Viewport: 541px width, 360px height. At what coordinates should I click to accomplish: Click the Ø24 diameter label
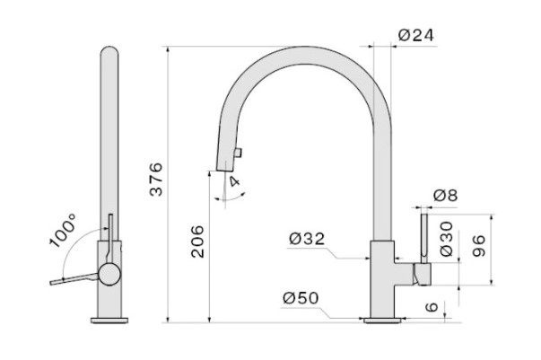tap(415, 35)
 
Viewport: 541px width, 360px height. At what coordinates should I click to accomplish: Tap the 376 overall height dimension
tap(156, 180)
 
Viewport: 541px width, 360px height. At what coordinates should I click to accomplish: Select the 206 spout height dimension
tap(197, 241)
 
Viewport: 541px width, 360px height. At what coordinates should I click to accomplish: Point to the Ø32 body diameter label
tap(307, 239)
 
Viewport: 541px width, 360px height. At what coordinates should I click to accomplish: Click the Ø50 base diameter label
tap(301, 298)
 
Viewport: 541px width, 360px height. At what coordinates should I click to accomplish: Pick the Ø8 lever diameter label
tap(445, 196)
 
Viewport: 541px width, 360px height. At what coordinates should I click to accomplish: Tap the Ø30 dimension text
tap(447, 239)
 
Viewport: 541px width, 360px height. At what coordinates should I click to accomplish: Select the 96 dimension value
tap(478, 246)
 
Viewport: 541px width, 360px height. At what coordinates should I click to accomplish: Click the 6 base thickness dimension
tap(432, 306)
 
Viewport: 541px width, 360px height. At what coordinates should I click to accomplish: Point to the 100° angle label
tap(63, 230)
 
